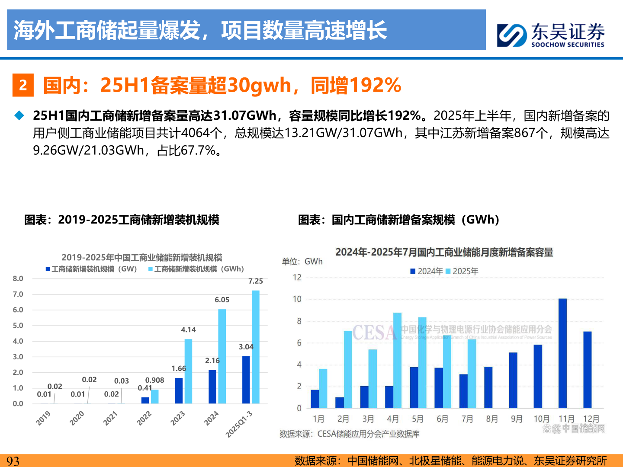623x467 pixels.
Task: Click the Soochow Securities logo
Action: point(550,35)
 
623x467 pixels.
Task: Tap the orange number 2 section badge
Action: point(23,85)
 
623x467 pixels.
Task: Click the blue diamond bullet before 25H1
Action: point(19,115)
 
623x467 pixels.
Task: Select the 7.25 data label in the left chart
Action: point(255,281)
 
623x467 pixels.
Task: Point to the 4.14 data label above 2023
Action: point(188,329)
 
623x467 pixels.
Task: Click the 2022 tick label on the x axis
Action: point(144,418)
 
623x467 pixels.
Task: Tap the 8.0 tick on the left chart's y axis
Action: point(18,278)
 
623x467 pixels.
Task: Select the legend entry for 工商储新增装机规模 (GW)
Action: point(91,269)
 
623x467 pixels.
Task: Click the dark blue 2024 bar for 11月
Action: point(562,353)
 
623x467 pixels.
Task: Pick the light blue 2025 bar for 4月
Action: point(397,360)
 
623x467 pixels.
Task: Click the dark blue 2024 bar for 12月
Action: point(587,370)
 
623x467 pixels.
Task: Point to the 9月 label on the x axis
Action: point(517,419)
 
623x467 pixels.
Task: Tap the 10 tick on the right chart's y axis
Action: point(297,299)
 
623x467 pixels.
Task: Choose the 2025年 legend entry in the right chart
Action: point(462,271)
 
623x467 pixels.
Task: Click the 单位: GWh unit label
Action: point(302,261)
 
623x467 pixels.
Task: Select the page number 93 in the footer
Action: point(13,461)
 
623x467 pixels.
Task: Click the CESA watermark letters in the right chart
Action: point(374,333)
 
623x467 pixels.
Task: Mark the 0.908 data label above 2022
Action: point(154,380)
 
